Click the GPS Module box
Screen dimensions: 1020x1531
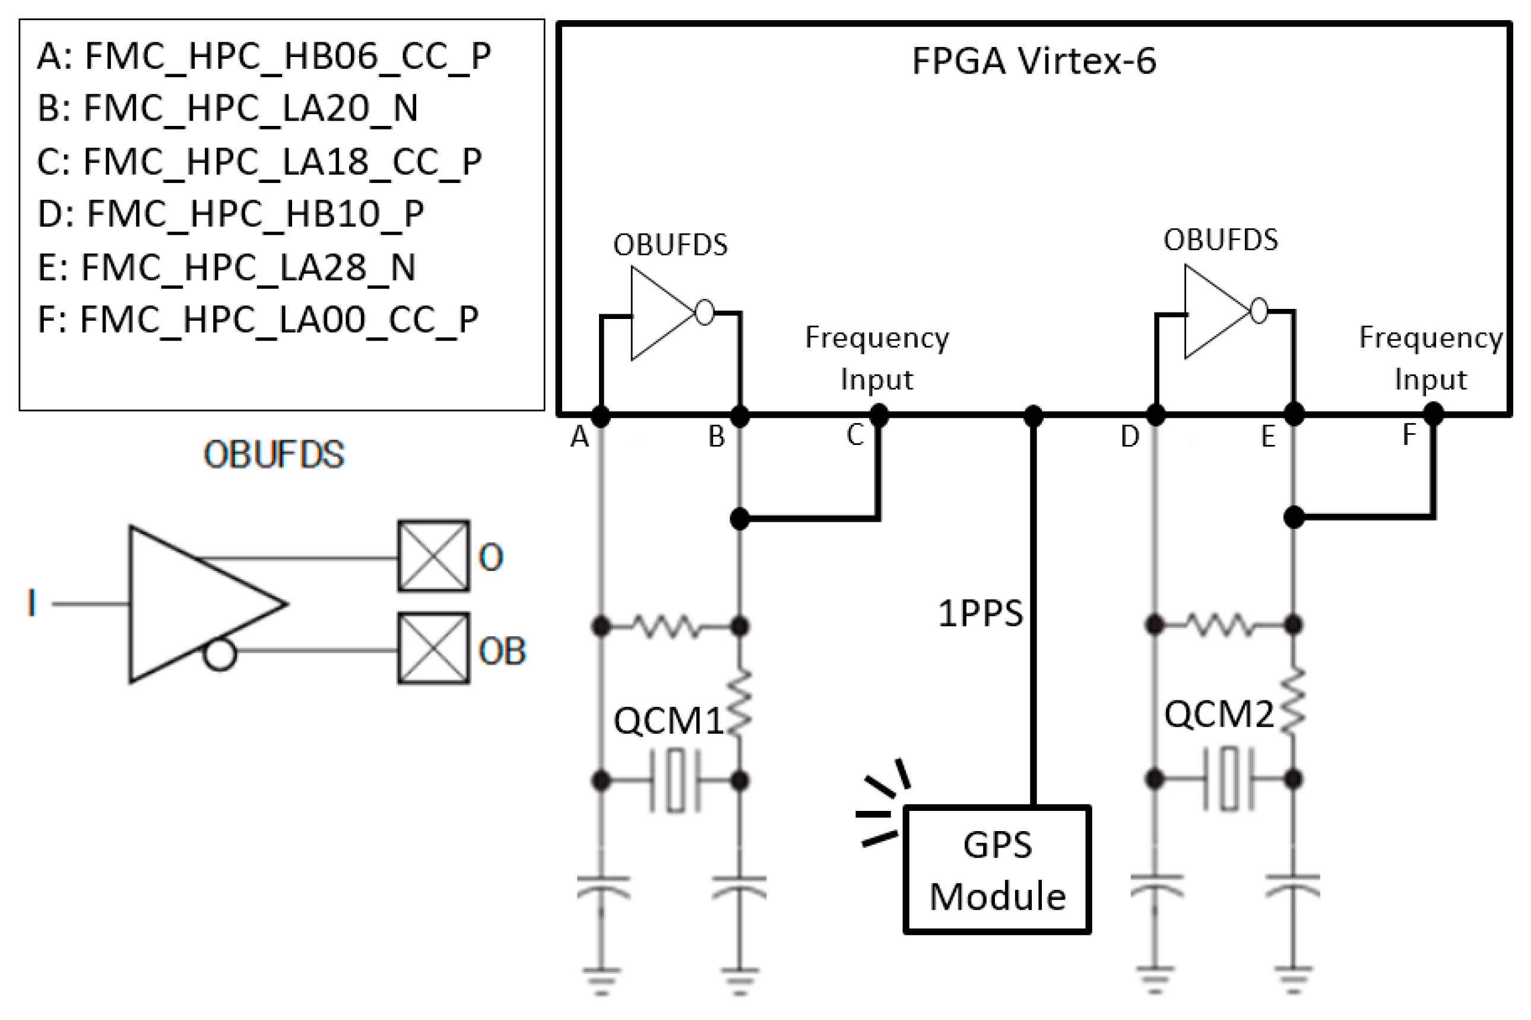[997, 870]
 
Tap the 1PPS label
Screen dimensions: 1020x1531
[980, 614]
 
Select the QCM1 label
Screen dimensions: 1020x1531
[668, 721]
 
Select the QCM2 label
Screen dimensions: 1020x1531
[1218, 714]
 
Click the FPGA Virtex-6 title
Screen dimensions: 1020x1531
[1034, 61]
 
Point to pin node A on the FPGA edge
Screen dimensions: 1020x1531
[600, 415]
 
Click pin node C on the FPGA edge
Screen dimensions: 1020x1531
[879, 415]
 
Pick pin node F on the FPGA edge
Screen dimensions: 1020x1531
[1433, 413]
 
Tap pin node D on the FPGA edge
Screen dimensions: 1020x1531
[1155, 415]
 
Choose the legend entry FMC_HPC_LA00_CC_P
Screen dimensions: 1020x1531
[258, 320]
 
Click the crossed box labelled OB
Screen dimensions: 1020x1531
[433, 648]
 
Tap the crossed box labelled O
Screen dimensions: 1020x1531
[433, 555]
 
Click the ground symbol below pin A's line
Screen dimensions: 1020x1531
[601, 980]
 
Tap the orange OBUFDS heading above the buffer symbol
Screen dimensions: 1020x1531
[274, 454]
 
